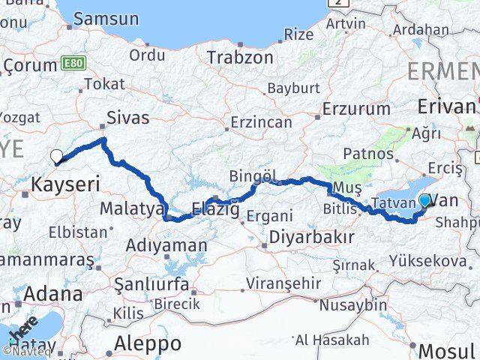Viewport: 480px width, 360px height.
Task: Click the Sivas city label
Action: pyautogui.click(x=128, y=117)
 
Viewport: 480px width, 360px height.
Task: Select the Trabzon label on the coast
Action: pyautogui.click(x=240, y=57)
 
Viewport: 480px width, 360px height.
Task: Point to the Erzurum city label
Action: pyautogui.click(x=356, y=109)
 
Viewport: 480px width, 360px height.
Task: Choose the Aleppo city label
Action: pyautogui.click(x=148, y=343)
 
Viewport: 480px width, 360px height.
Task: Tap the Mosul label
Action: pyautogui.click(x=446, y=349)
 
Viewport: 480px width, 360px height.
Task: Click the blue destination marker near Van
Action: pyautogui.click(x=425, y=200)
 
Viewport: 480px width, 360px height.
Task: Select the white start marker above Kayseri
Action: pyautogui.click(x=56, y=156)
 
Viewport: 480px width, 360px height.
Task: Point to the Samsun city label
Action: pyautogui.click(x=106, y=19)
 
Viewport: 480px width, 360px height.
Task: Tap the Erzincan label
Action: pyautogui.click(x=260, y=121)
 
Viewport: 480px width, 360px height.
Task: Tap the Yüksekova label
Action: pyautogui.click(x=427, y=260)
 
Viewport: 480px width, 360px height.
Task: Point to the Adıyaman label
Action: pyautogui.click(x=166, y=244)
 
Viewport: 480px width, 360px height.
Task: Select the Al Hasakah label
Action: pyautogui.click(x=332, y=340)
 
